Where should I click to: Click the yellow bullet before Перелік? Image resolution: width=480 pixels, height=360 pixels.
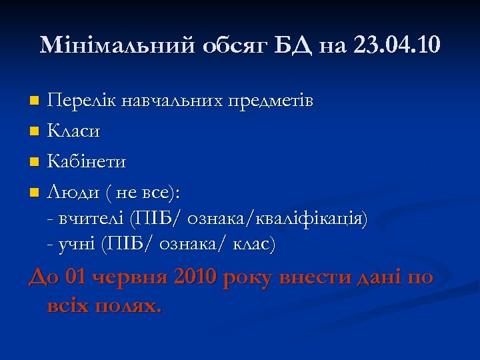[35, 101]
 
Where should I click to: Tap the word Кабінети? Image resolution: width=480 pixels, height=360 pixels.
[87, 162]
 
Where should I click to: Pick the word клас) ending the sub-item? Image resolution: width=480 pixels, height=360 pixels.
[253, 244]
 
